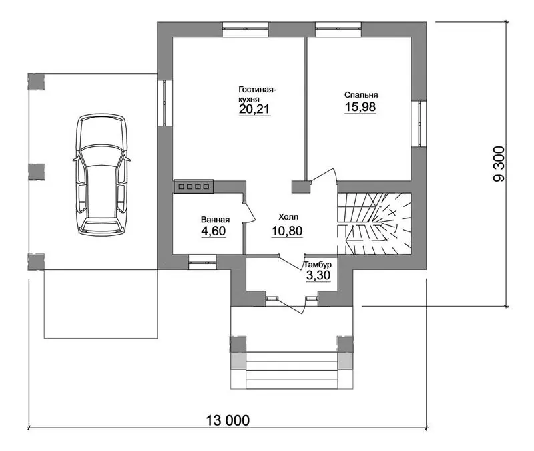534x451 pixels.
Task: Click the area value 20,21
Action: click(254, 109)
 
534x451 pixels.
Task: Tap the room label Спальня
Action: click(361, 95)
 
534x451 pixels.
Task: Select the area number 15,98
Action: click(360, 107)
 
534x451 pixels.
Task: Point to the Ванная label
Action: click(215, 220)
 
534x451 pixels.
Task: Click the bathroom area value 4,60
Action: click(214, 231)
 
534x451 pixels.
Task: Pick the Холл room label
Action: click(288, 217)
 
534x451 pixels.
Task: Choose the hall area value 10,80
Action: click(287, 231)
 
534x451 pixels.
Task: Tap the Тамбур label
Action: click(318, 265)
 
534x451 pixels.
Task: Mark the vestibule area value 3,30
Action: click(318, 275)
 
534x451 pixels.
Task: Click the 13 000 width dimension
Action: click(228, 420)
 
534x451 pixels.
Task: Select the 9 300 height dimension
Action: click(499, 164)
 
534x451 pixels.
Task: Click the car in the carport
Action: click(102, 174)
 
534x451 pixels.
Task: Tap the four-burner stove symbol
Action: click(194, 186)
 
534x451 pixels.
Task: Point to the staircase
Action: click(374, 224)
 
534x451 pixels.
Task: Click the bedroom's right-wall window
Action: click(419, 124)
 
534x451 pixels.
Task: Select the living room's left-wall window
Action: click(165, 103)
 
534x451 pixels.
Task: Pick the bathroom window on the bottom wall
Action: click(203, 262)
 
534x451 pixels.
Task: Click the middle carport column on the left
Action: click(37, 172)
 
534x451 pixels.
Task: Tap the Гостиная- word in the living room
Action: click(257, 90)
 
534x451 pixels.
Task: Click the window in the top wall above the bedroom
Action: click(338, 29)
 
